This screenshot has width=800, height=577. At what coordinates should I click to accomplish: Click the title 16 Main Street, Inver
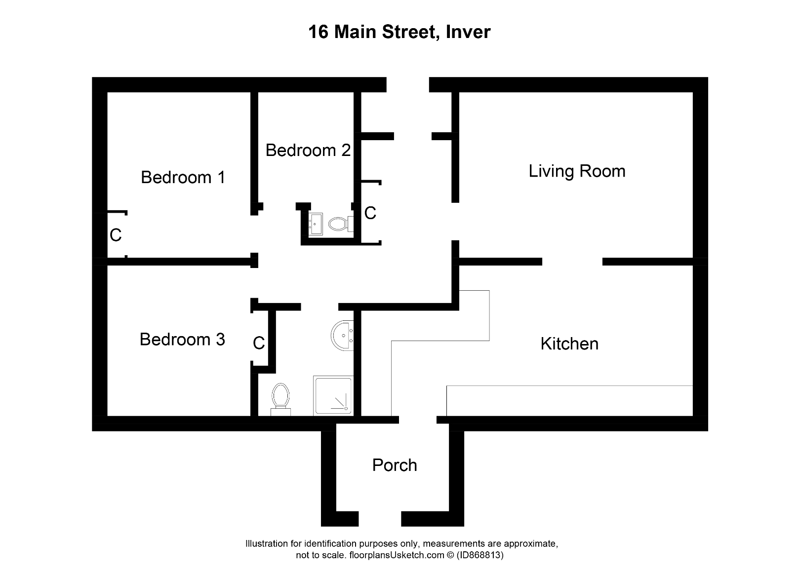(x=399, y=32)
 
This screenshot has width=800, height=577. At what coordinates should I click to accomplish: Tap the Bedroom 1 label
(x=183, y=177)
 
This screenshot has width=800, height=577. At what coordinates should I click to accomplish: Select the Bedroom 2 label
(x=308, y=150)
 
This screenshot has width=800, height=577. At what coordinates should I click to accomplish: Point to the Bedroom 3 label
(x=182, y=340)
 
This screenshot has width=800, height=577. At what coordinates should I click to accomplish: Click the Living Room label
(x=577, y=171)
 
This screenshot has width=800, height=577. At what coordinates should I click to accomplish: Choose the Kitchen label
(x=569, y=344)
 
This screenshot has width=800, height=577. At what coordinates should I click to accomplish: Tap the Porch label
(x=394, y=465)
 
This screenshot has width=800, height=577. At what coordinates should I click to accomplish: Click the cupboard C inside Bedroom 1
(x=116, y=235)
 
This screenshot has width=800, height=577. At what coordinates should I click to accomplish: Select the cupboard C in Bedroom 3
(x=259, y=343)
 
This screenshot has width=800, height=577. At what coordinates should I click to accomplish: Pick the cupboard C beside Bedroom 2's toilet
(x=370, y=213)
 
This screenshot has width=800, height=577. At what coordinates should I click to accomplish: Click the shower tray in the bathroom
(x=333, y=395)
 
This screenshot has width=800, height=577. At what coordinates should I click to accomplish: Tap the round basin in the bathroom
(x=342, y=335)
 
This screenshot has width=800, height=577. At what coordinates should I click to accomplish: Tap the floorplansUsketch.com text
(x=390, y=555)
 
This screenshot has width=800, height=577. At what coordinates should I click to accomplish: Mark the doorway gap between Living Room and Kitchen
(x=572, y=262)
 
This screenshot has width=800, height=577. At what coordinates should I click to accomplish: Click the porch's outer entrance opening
(x=379, y=518)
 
